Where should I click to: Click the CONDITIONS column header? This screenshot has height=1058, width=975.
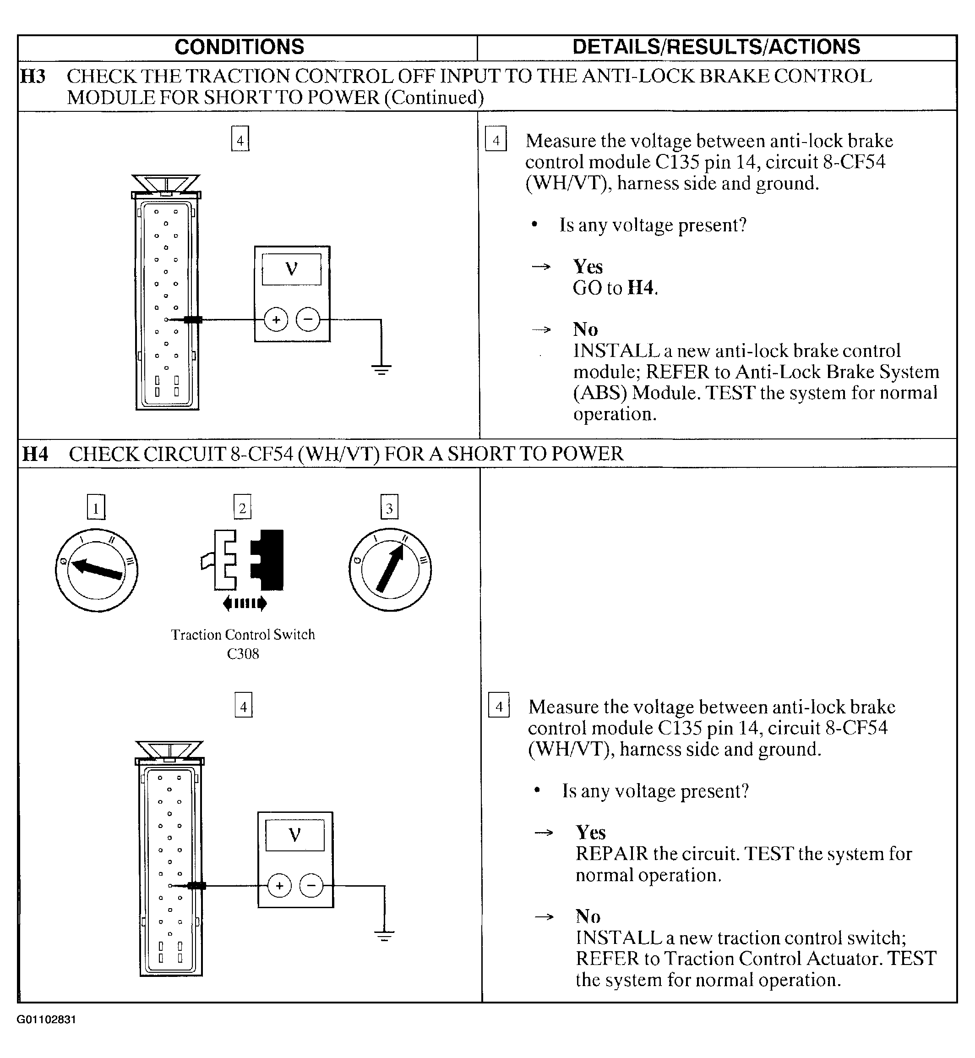[x=239, y=47]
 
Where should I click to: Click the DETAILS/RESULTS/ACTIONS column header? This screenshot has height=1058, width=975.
[x=716, y=47]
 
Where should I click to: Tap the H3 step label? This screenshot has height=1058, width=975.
[x=33, y=77]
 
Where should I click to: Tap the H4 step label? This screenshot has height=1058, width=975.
[x=35, y=454]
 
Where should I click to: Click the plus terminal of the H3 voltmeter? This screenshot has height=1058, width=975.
[x=276, y=320]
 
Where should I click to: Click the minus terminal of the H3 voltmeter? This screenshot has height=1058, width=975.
[x=308, y=319]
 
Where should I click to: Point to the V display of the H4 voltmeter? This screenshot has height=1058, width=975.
[x=294, y=835]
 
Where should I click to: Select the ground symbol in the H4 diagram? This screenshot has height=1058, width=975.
[x=384, y=936]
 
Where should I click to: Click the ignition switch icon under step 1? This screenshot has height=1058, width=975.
[x=97, y=570]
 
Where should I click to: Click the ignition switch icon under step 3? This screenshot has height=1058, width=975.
[x=390, y=570]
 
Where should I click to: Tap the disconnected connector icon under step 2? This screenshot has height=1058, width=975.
[x=243, y=561]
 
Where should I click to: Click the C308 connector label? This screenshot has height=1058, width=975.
[x=243, y=654]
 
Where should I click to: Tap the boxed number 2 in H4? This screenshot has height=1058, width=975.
[x=242, y=508]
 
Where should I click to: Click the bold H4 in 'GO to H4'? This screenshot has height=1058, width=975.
[x=641, y=288]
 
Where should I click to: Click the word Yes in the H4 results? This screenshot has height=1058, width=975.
[x=590, y=833]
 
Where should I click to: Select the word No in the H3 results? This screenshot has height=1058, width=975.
[x=586, y=329]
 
